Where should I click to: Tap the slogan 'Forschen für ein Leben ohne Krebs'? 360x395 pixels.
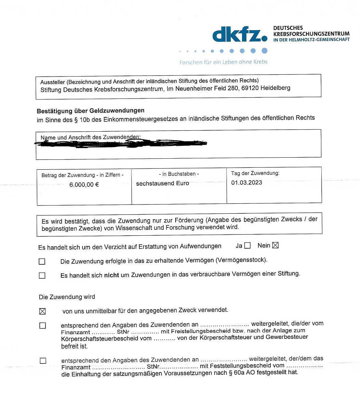[223, 62]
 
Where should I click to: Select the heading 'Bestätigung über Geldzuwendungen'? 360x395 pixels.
[90, 111]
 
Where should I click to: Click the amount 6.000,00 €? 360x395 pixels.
[84, 185]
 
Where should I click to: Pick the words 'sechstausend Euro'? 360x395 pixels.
[163, 184]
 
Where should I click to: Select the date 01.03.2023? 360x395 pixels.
[246, 183]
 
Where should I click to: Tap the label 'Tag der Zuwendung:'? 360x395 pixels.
[255, 173]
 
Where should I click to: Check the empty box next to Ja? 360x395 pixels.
[247, 246]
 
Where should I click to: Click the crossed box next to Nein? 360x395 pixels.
[275, 245]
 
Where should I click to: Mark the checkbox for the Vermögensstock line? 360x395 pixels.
[42, 262]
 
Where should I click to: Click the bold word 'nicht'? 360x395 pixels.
[112, 275]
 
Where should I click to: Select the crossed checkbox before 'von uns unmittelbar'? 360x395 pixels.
[42, 311]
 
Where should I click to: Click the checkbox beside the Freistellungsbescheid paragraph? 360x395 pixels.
[42, 326]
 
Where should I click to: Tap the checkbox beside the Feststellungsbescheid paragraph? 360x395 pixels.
[43, 360]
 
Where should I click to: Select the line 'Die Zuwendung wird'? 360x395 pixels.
[67, 297]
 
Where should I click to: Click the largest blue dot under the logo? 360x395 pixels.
[264, 51]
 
